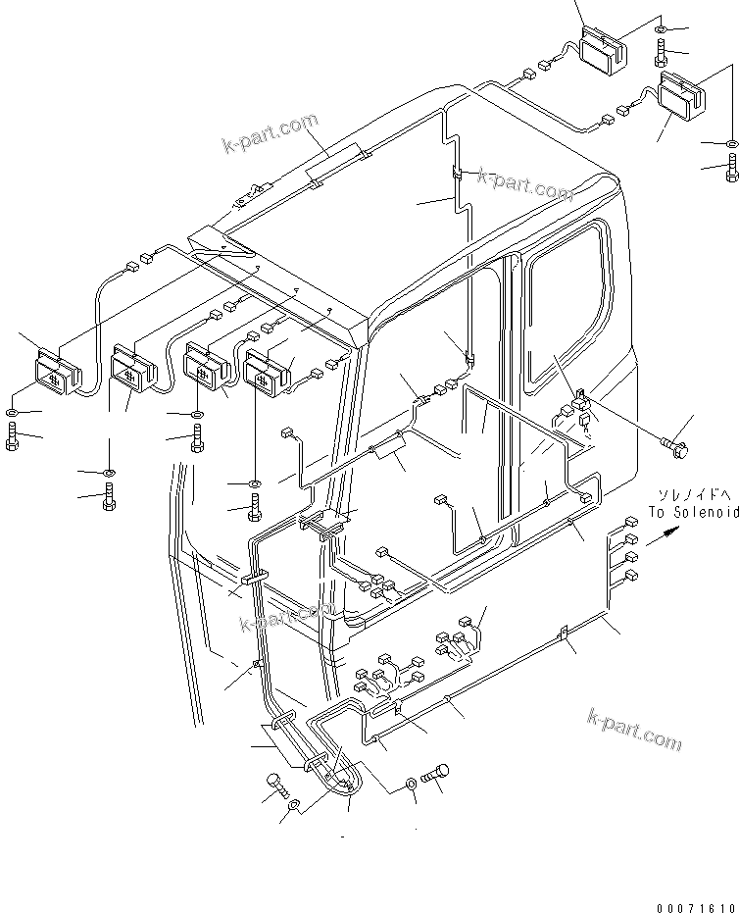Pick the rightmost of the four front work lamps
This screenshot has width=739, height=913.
point(268,370)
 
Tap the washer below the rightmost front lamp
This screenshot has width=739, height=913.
point(254,483)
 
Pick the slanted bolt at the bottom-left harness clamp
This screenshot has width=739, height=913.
point(276,785)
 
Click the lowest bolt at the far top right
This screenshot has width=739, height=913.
point(732,169)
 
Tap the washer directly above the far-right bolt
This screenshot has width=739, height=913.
point(732,144)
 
